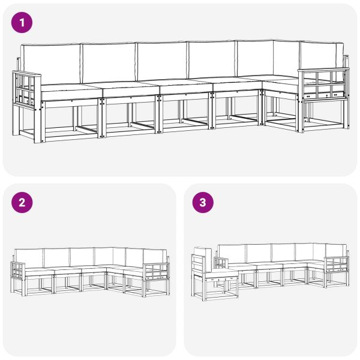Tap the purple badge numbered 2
point(22,203)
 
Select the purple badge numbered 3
point(202,203)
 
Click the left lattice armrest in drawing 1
point(26,90)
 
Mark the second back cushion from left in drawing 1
point(108,62)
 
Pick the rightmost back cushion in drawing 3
point(335,250)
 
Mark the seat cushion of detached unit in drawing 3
point(221,272)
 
